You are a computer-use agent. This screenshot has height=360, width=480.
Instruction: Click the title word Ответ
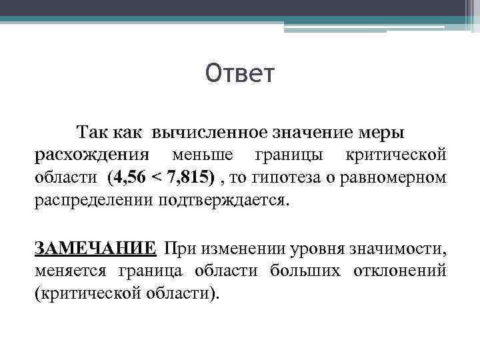(240, 74)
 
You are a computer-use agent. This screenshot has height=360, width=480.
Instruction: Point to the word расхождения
(92, 155)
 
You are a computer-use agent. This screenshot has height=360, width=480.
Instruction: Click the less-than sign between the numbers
(156, 179)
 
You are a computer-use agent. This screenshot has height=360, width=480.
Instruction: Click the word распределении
(93, 202)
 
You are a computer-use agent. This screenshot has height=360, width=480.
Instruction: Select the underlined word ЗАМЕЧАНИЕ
(95, 249)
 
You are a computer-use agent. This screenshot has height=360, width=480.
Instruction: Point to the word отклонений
(389, 271)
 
